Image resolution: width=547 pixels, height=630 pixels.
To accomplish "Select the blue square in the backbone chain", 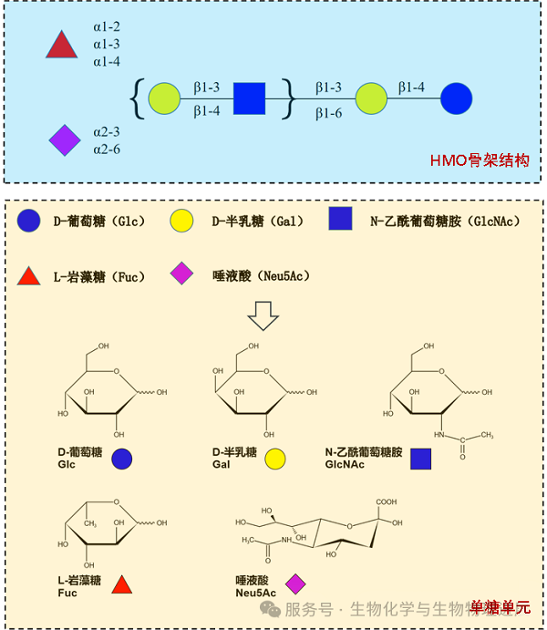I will pyautogui.click(x=248, y=98).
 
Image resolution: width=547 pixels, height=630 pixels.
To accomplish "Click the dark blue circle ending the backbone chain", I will pyautogui.click(x=456, y=98).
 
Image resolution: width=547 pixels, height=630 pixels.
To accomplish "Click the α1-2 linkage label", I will pyautogui.click(x=107, y=26).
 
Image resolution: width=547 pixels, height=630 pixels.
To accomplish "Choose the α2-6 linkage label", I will pyautogui.click(x=107, y=149).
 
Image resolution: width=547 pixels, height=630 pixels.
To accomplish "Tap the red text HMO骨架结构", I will pyautogui.click(x=480, y=160).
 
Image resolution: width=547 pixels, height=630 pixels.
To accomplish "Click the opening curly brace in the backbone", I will pyautogui.click(x=136, y=98).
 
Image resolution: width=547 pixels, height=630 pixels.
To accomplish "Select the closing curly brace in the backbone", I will pyautogui.click(x=289, y=98).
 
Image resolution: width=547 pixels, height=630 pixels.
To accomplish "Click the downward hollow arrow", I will pyautogui.click(x=263, y=315).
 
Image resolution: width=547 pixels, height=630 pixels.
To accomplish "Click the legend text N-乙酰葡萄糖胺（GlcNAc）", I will pyautogui.click(x=445, y=221).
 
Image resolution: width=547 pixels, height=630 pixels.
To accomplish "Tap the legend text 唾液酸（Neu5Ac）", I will pyautogui.click(x=261, y=274).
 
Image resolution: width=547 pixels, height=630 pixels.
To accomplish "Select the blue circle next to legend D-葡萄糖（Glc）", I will pyautogui.click(x=29, y=220).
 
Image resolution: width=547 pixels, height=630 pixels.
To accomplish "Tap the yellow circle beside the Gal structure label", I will pyautogui.click(x=277, y=458).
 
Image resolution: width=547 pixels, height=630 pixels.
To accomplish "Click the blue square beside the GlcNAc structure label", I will pyautogui.click(x=420, y=459).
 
